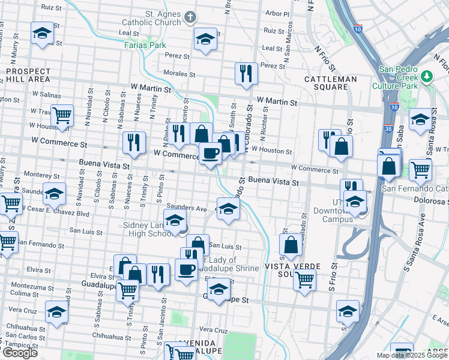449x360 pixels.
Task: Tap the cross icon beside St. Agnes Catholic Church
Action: point(190,17)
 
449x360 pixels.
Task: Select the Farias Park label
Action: point(145,45)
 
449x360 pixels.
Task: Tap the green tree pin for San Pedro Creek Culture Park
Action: point(427,76)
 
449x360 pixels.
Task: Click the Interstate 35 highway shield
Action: point(390,128)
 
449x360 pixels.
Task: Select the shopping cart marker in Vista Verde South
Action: point(305,279)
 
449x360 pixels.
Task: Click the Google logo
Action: point(19,353)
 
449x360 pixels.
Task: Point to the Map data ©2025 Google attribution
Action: point(411,355)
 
